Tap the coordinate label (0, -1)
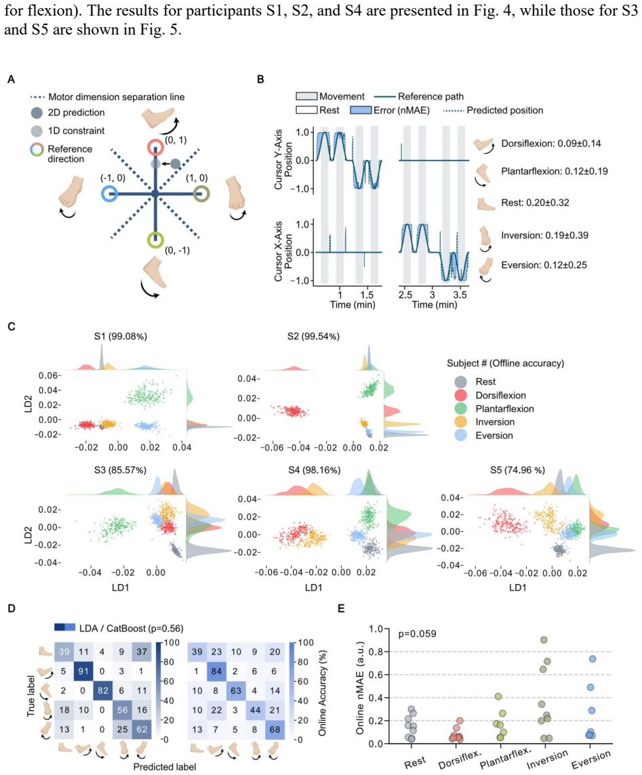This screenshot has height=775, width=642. point(177,250)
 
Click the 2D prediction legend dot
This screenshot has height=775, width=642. point(37,112)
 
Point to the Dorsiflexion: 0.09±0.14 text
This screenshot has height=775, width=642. point(551,144)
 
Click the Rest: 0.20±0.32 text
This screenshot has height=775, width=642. point(535,203)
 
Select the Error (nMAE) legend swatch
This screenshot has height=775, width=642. point(361,110)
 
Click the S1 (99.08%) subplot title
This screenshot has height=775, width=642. point(121,336)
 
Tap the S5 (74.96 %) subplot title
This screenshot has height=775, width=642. point(517,469)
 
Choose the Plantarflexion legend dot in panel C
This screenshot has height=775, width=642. point(460,409)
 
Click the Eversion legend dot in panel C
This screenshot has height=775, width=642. point(460,436)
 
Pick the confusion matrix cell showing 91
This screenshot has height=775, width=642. point(83,671)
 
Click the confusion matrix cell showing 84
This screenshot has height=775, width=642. point(217,671)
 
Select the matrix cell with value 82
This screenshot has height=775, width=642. point(103,690)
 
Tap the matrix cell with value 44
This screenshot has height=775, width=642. point(255,710)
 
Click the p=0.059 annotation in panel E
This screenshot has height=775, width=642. point(418,633)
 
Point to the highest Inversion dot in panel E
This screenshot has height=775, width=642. point(544,640)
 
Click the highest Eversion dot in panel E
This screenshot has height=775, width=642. point(593,659)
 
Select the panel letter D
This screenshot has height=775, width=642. point(12,608)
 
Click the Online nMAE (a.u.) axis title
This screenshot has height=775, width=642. point(360,688)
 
